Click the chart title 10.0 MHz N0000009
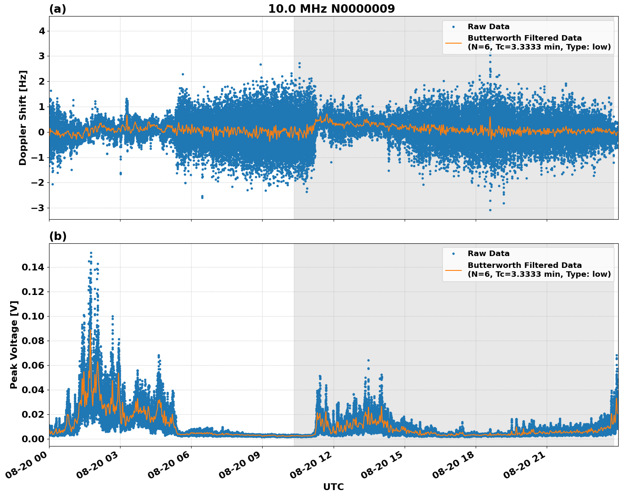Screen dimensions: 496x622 [331, 9]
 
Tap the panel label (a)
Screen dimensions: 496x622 [58, 9]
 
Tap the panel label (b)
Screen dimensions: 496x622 [58, 236]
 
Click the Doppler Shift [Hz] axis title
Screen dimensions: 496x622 [23, 118]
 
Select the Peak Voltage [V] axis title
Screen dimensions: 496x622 [14, 344]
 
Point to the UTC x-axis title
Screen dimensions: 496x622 [333, 487]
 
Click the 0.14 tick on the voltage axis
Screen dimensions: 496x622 [33, 267]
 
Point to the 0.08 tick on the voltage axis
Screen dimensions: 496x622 [33, 341]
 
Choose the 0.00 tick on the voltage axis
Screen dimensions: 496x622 [33, 439]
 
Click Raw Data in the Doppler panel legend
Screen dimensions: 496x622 [488, 27]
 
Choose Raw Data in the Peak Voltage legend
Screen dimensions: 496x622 [488, 254]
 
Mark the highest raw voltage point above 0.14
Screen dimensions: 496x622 [91, 253]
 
